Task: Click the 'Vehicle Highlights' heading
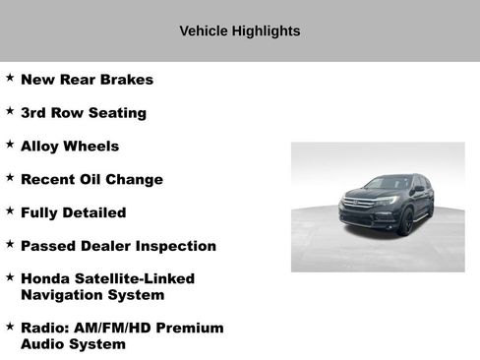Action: tap(240, 30)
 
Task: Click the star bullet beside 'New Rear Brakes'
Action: tap(10, 78)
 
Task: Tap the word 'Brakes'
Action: tap(126, 80)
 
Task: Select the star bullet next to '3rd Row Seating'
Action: tap(10, 111)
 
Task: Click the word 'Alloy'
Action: tap(42, 147)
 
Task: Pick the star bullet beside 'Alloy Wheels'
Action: tap(10, 145)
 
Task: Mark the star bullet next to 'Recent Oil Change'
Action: tap(10, 178)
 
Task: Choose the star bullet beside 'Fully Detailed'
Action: tap(10, 210)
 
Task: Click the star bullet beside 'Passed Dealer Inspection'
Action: tap(10, 244)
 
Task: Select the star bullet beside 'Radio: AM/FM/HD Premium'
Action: tap(10, 326)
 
